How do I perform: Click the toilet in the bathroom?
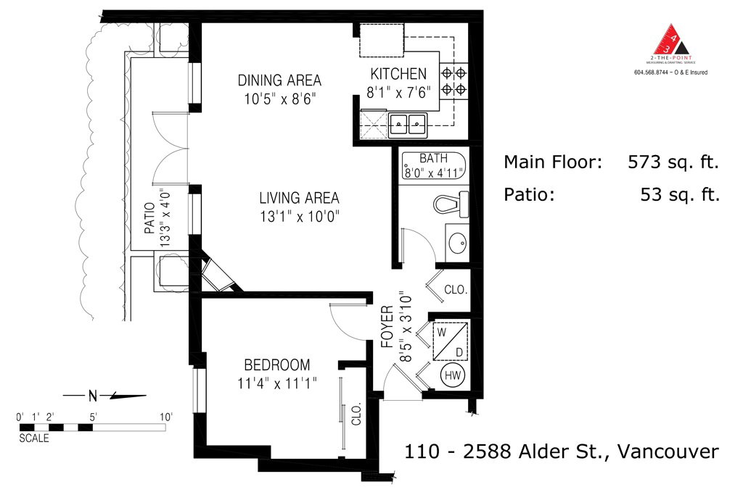451,204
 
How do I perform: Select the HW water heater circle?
453,375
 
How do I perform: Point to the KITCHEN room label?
398,74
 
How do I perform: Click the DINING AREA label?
279,80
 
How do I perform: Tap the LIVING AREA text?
299,198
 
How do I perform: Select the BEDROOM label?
276,365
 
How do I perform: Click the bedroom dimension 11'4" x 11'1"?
276,383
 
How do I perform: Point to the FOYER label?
387,327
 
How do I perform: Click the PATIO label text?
149,218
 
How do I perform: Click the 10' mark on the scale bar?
166,417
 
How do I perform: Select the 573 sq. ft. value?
673,162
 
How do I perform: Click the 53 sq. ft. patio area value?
680,194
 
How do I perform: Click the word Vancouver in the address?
668,451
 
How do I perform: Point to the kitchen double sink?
408,125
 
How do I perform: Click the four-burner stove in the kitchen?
453,81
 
